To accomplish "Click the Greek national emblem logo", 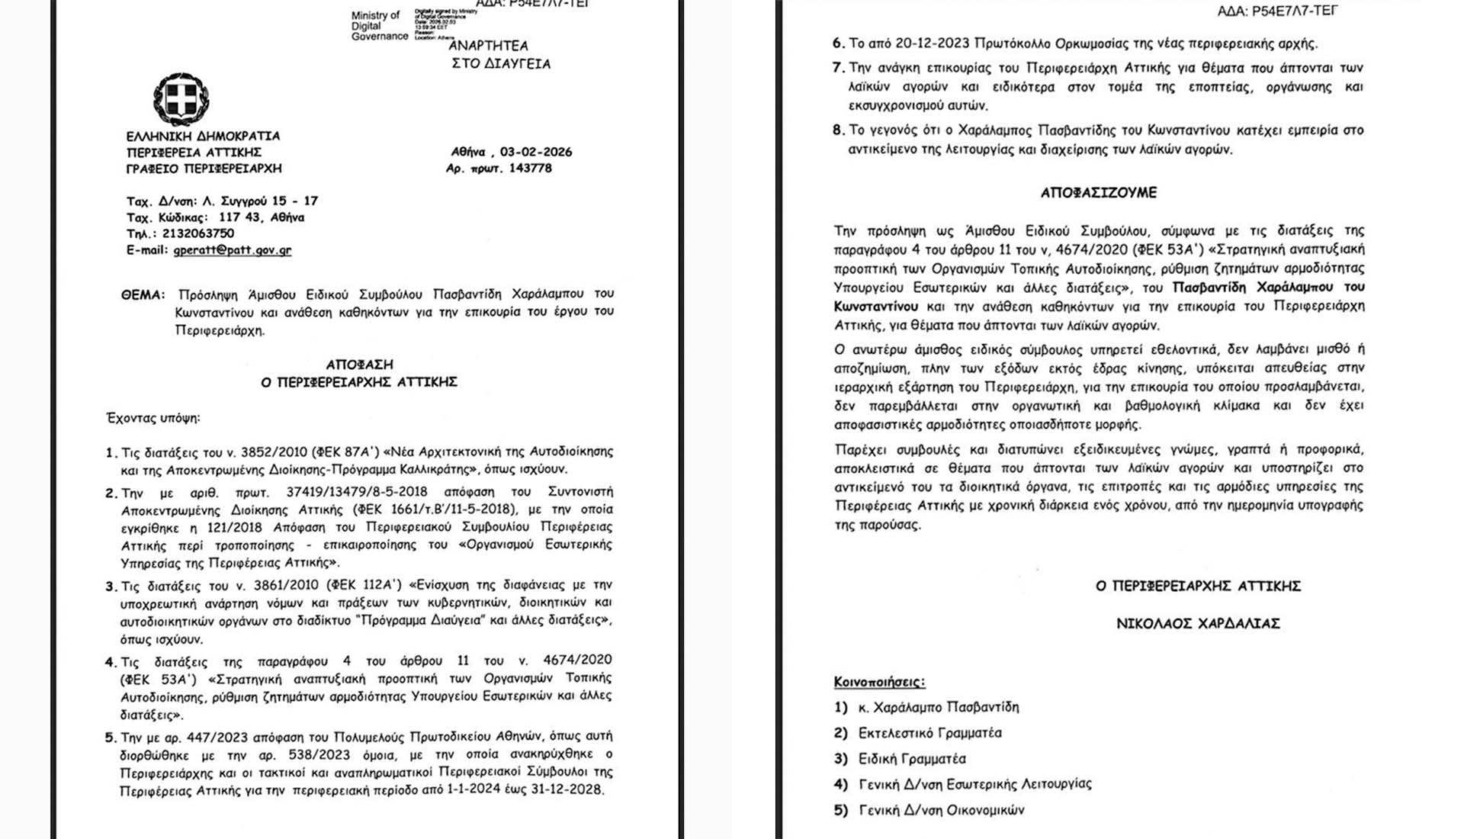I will coord(181,99).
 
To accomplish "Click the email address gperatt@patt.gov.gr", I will coord(232,249).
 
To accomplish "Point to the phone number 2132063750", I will coord(198,233).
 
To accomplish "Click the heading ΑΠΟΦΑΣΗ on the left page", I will coord(359,365).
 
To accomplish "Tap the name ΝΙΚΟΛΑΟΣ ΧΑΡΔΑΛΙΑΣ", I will coord(1198,623).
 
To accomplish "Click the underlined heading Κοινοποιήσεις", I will coord(879,681).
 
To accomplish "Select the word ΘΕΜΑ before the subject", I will coord(142,294).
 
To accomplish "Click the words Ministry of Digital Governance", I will coord(379,26).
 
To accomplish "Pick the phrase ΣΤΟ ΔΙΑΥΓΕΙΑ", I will coord(501,63).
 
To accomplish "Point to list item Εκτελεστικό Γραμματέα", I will coord(929,733).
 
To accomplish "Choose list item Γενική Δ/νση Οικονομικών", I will coord(941,810).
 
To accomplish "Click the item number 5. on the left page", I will coord(111,738).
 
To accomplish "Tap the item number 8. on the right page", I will coord(838,130).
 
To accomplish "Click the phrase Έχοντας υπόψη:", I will coord(153,418).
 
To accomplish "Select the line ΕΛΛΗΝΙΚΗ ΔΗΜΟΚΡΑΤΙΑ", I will coord(203,136).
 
